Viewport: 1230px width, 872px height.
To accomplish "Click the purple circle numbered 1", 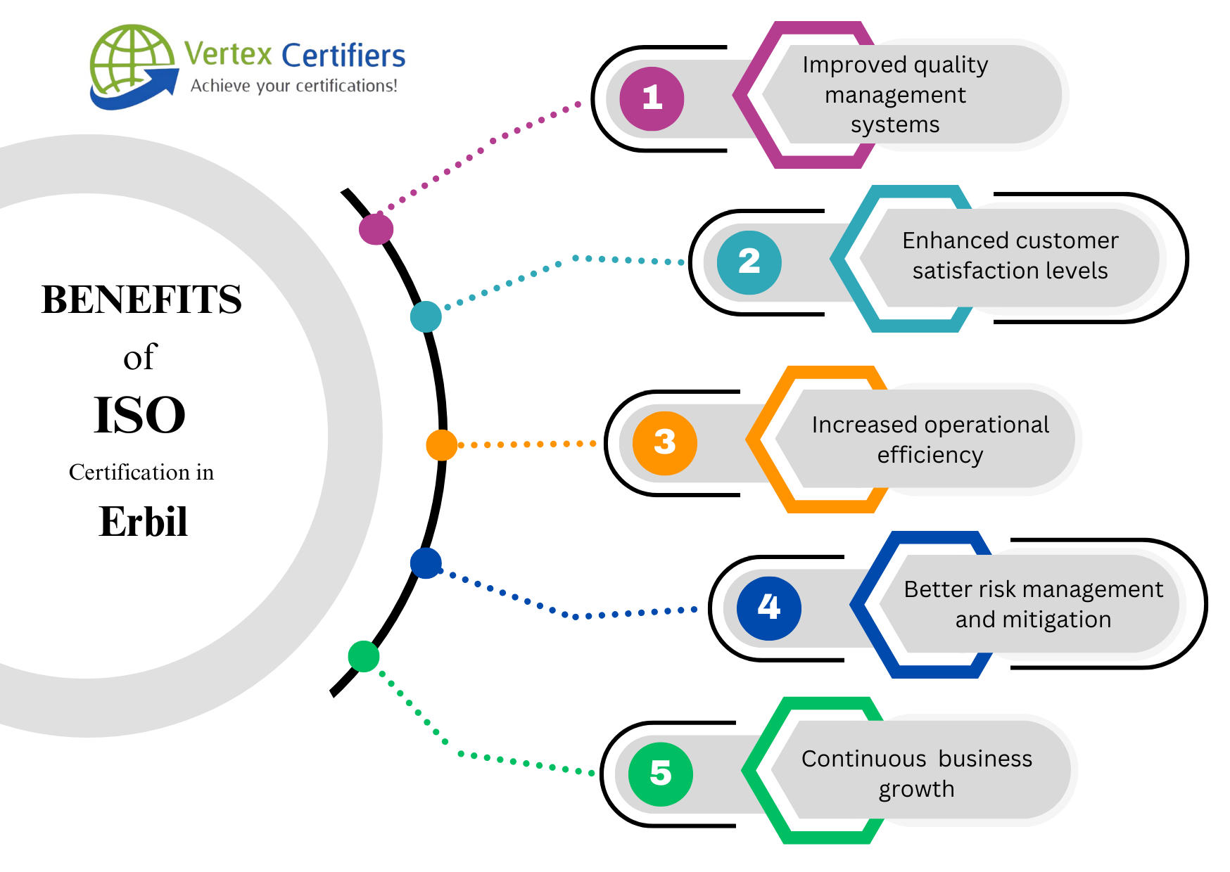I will pos(652,98).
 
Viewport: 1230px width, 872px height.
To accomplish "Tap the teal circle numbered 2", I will pos(749,262).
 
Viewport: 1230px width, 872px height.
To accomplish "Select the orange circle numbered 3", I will pos(664,443).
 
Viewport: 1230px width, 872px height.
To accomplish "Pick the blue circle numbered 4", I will pos(768,608).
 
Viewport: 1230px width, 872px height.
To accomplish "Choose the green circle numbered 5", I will pos(660,774).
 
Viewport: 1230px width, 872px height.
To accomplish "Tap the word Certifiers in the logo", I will pos(343,56).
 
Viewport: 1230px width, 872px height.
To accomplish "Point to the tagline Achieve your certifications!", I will pos(294,86).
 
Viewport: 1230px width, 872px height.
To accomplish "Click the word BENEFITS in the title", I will pos(141,300).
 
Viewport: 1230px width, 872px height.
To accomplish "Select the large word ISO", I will pos(139,415).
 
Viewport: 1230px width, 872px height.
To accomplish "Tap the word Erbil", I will pos(143,522).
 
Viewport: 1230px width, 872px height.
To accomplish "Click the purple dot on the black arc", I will pos(376,229).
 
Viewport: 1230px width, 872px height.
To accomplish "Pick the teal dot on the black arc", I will pos(426,316).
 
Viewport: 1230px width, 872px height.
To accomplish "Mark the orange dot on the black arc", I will pos(442,445).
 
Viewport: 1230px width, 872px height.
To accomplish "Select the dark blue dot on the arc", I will pos(426,563).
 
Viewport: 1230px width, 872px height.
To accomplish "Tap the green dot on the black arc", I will pos(364,656).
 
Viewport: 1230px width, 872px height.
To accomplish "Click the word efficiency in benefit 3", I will pos(930,455).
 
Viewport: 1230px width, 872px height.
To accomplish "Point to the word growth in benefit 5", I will pos(916,789).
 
